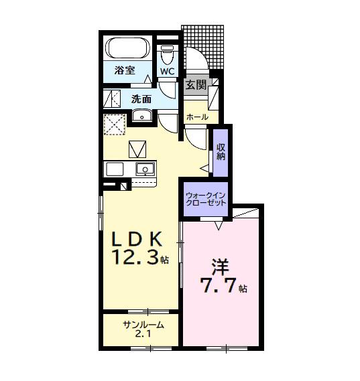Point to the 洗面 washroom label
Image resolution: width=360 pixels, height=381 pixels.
click(141, 99)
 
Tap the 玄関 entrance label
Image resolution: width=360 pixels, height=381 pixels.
click(196, 84)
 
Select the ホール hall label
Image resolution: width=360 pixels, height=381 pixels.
click(197, 117)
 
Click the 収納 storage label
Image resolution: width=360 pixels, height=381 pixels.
click(221, 151)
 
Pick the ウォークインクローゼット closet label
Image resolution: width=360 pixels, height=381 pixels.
click(206, 199)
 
